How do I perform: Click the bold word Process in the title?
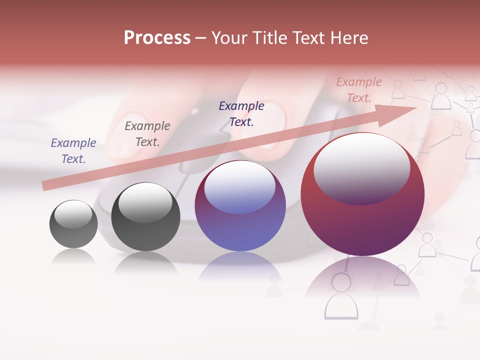coord(157,38)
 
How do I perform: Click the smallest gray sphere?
coord(73,224)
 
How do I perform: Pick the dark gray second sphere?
coord(145,216)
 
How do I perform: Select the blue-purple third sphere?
coord(240,206)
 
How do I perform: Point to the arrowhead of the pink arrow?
coord(400,114)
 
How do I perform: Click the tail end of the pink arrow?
coord(45,186)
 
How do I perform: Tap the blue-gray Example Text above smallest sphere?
coord(73,151)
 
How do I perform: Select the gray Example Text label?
coord(147,134)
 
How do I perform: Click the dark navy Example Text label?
coord(241,113)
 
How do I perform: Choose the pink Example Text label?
coord(358,90)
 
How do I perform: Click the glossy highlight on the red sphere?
coord(361,169)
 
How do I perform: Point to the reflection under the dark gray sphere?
coord(145,262)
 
